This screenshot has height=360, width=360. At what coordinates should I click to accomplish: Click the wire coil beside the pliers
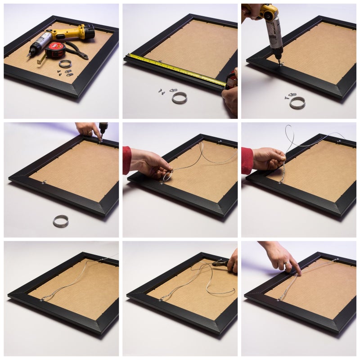click(65, 63)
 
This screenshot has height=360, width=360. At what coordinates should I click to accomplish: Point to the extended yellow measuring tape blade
click(175, 69)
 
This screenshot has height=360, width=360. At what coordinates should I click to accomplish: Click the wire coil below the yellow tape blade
click(179, 98)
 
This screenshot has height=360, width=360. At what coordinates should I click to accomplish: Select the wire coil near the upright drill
click(297, 103)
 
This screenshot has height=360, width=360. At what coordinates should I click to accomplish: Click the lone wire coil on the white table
click(61, 220)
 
